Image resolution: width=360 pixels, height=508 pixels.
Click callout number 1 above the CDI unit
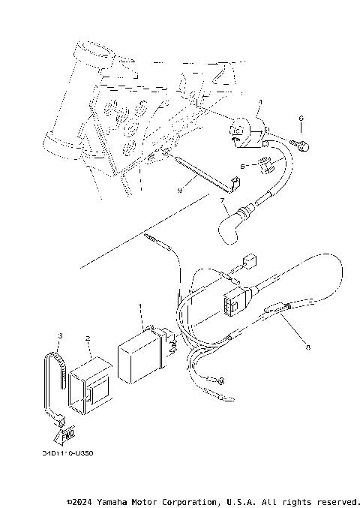[x=139, y=307]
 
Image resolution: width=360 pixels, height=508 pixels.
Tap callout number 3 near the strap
[x=60, y=335]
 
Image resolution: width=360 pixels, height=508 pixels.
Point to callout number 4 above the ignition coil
[x=259, y=102]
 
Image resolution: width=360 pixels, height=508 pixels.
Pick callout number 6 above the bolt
[x=301, y=118]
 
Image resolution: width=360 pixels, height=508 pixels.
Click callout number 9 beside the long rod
[x=179, y=191]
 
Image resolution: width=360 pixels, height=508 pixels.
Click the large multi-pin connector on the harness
[x=233, y=302]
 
